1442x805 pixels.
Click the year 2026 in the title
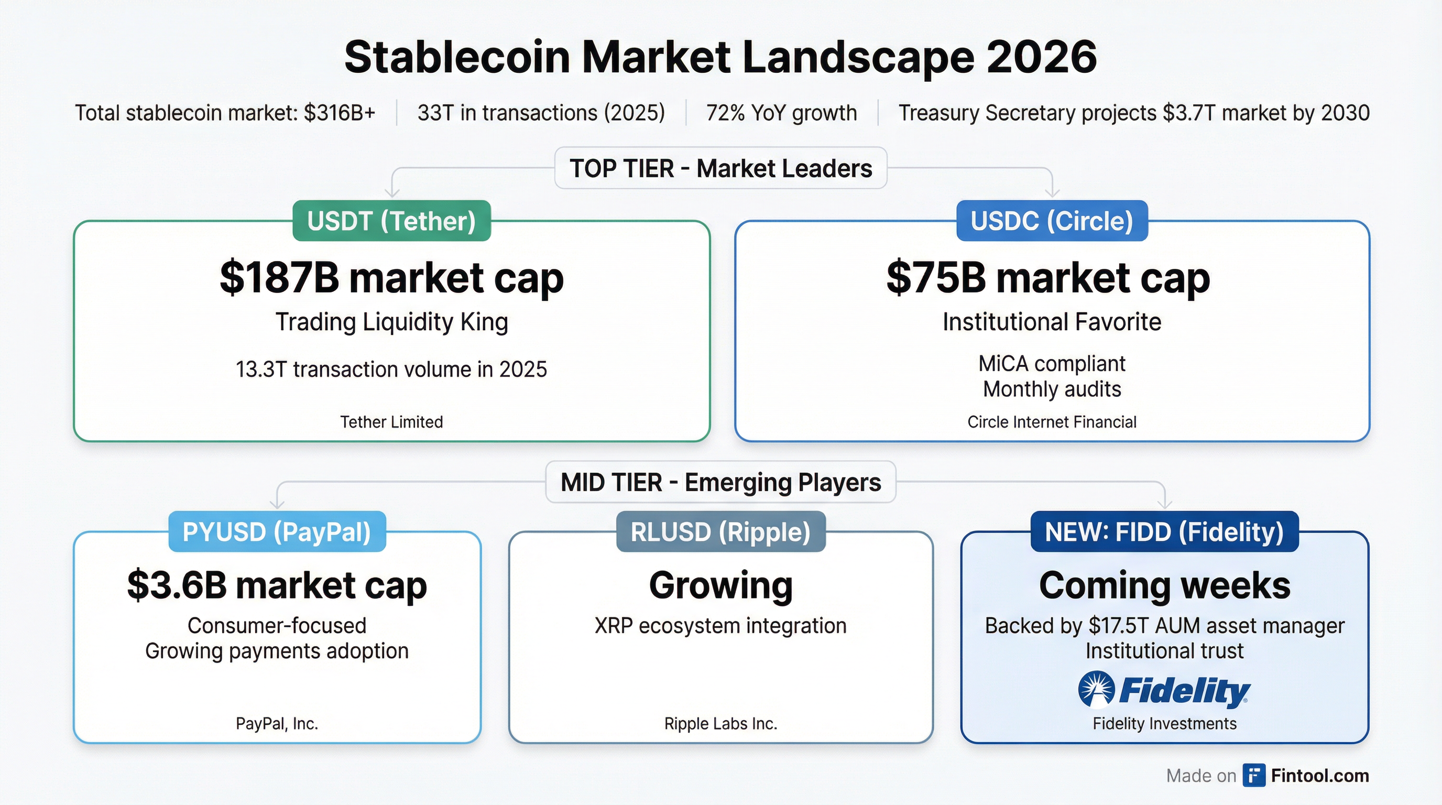1041,57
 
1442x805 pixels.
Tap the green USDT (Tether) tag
391,221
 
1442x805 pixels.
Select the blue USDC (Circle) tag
1052,221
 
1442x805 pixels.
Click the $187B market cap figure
391,278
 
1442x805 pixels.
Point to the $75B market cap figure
1048,278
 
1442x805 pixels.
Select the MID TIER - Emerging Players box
720,482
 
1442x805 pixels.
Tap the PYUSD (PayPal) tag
277,532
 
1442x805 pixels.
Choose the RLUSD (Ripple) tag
720,532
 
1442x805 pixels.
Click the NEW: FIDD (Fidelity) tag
1164,532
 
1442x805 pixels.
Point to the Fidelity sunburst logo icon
1096,689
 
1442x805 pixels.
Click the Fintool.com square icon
1253,775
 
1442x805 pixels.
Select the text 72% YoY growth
781,113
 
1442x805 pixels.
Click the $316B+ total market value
339,113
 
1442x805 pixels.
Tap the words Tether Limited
391,422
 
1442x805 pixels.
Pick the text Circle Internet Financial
1052,422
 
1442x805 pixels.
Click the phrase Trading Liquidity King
391,322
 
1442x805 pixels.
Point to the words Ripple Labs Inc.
720,724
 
